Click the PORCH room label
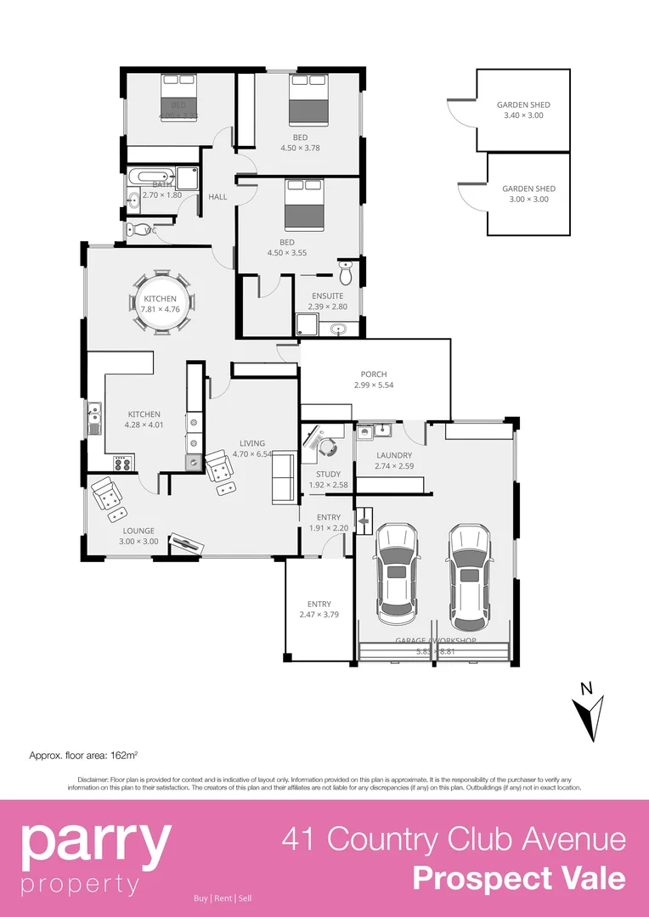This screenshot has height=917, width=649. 374,374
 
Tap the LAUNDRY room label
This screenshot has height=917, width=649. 394,455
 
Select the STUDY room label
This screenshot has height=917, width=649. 328,475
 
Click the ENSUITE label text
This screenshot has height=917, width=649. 326,296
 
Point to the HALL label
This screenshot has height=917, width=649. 217,197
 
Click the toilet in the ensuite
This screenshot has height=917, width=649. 345,273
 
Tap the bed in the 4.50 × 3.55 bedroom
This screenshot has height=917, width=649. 303,205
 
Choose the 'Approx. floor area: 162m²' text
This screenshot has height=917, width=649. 84,754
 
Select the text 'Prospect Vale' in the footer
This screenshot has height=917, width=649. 518,878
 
